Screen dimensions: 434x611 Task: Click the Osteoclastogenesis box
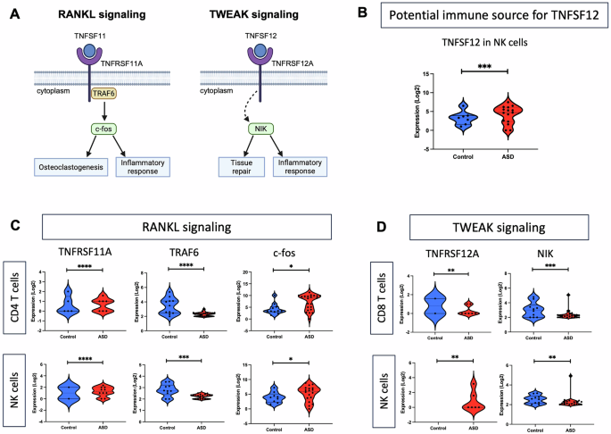pos(71,166)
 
